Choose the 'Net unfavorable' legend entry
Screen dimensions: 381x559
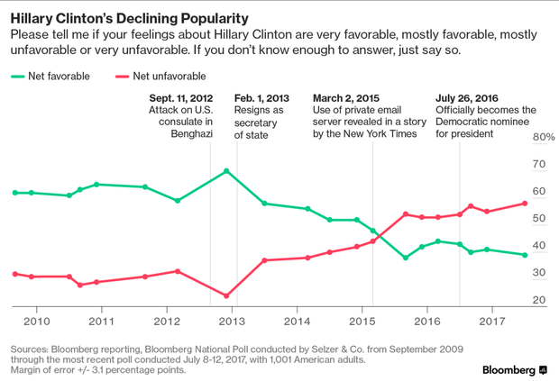tap(168, 77)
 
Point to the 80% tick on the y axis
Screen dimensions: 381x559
tap(543, 137)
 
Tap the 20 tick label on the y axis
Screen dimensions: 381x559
tap(538, 300)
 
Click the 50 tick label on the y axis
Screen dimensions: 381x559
tap(538, 219)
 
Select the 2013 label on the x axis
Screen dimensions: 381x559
tap(231, 321)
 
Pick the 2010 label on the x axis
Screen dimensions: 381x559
tap(36, 321)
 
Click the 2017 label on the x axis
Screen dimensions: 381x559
tap(492, 321)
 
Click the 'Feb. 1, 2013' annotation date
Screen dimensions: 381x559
tap(262, 97)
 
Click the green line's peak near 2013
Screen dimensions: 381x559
tap(226, 170)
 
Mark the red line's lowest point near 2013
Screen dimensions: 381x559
tap(226, 295)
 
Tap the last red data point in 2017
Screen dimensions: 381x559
tap(526, 203)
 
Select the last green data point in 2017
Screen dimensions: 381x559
tap(526, 255)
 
